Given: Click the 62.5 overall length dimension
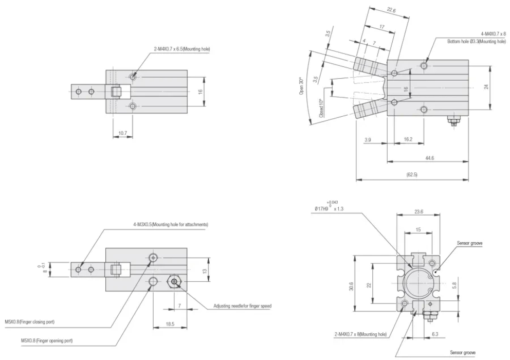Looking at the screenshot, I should click(x=411, y=175).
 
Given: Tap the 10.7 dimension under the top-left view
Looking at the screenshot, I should click(x=122, y=133).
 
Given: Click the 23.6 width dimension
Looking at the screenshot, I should click(x=418, y=211).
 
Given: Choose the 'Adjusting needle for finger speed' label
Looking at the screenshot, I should click(x=242, y=306).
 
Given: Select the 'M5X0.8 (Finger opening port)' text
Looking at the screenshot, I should click(x=47, y=340).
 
